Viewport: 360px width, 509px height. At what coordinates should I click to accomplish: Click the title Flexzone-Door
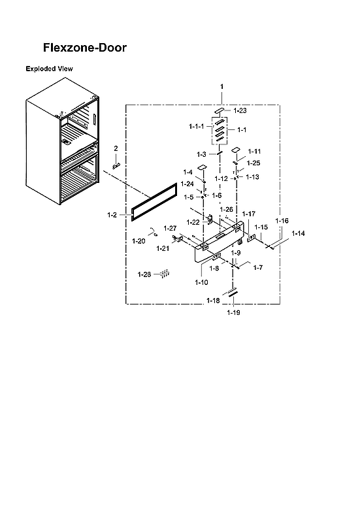tap(84, 48)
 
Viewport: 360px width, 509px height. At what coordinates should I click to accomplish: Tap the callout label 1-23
tap(241, 111)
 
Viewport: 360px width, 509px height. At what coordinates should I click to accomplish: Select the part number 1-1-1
tap(197, 125)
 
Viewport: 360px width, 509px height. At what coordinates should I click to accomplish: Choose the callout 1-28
tap(144, 274)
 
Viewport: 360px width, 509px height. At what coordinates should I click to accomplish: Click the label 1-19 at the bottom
tap(233, 313)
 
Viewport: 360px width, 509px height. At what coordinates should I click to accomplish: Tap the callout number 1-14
tap(299, 233)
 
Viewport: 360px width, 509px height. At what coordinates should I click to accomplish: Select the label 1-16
tap(282, 222)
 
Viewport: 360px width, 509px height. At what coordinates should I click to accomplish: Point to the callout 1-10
tap(201, 282)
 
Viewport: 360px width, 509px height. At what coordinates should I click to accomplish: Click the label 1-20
tap(139, 241)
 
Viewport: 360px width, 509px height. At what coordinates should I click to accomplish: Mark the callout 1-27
tap(170, 228)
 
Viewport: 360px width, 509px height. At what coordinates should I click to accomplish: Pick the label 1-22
tap(193, 222)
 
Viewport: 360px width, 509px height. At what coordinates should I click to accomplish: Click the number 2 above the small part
tap(116, 148)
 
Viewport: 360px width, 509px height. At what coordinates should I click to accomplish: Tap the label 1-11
tap(254, 151)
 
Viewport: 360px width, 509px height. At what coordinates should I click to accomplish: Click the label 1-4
tap(188, 172)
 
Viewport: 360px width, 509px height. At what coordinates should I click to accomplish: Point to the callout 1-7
tap(257, 267)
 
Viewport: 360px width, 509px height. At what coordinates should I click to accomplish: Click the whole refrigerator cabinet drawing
tap(62, 150)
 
